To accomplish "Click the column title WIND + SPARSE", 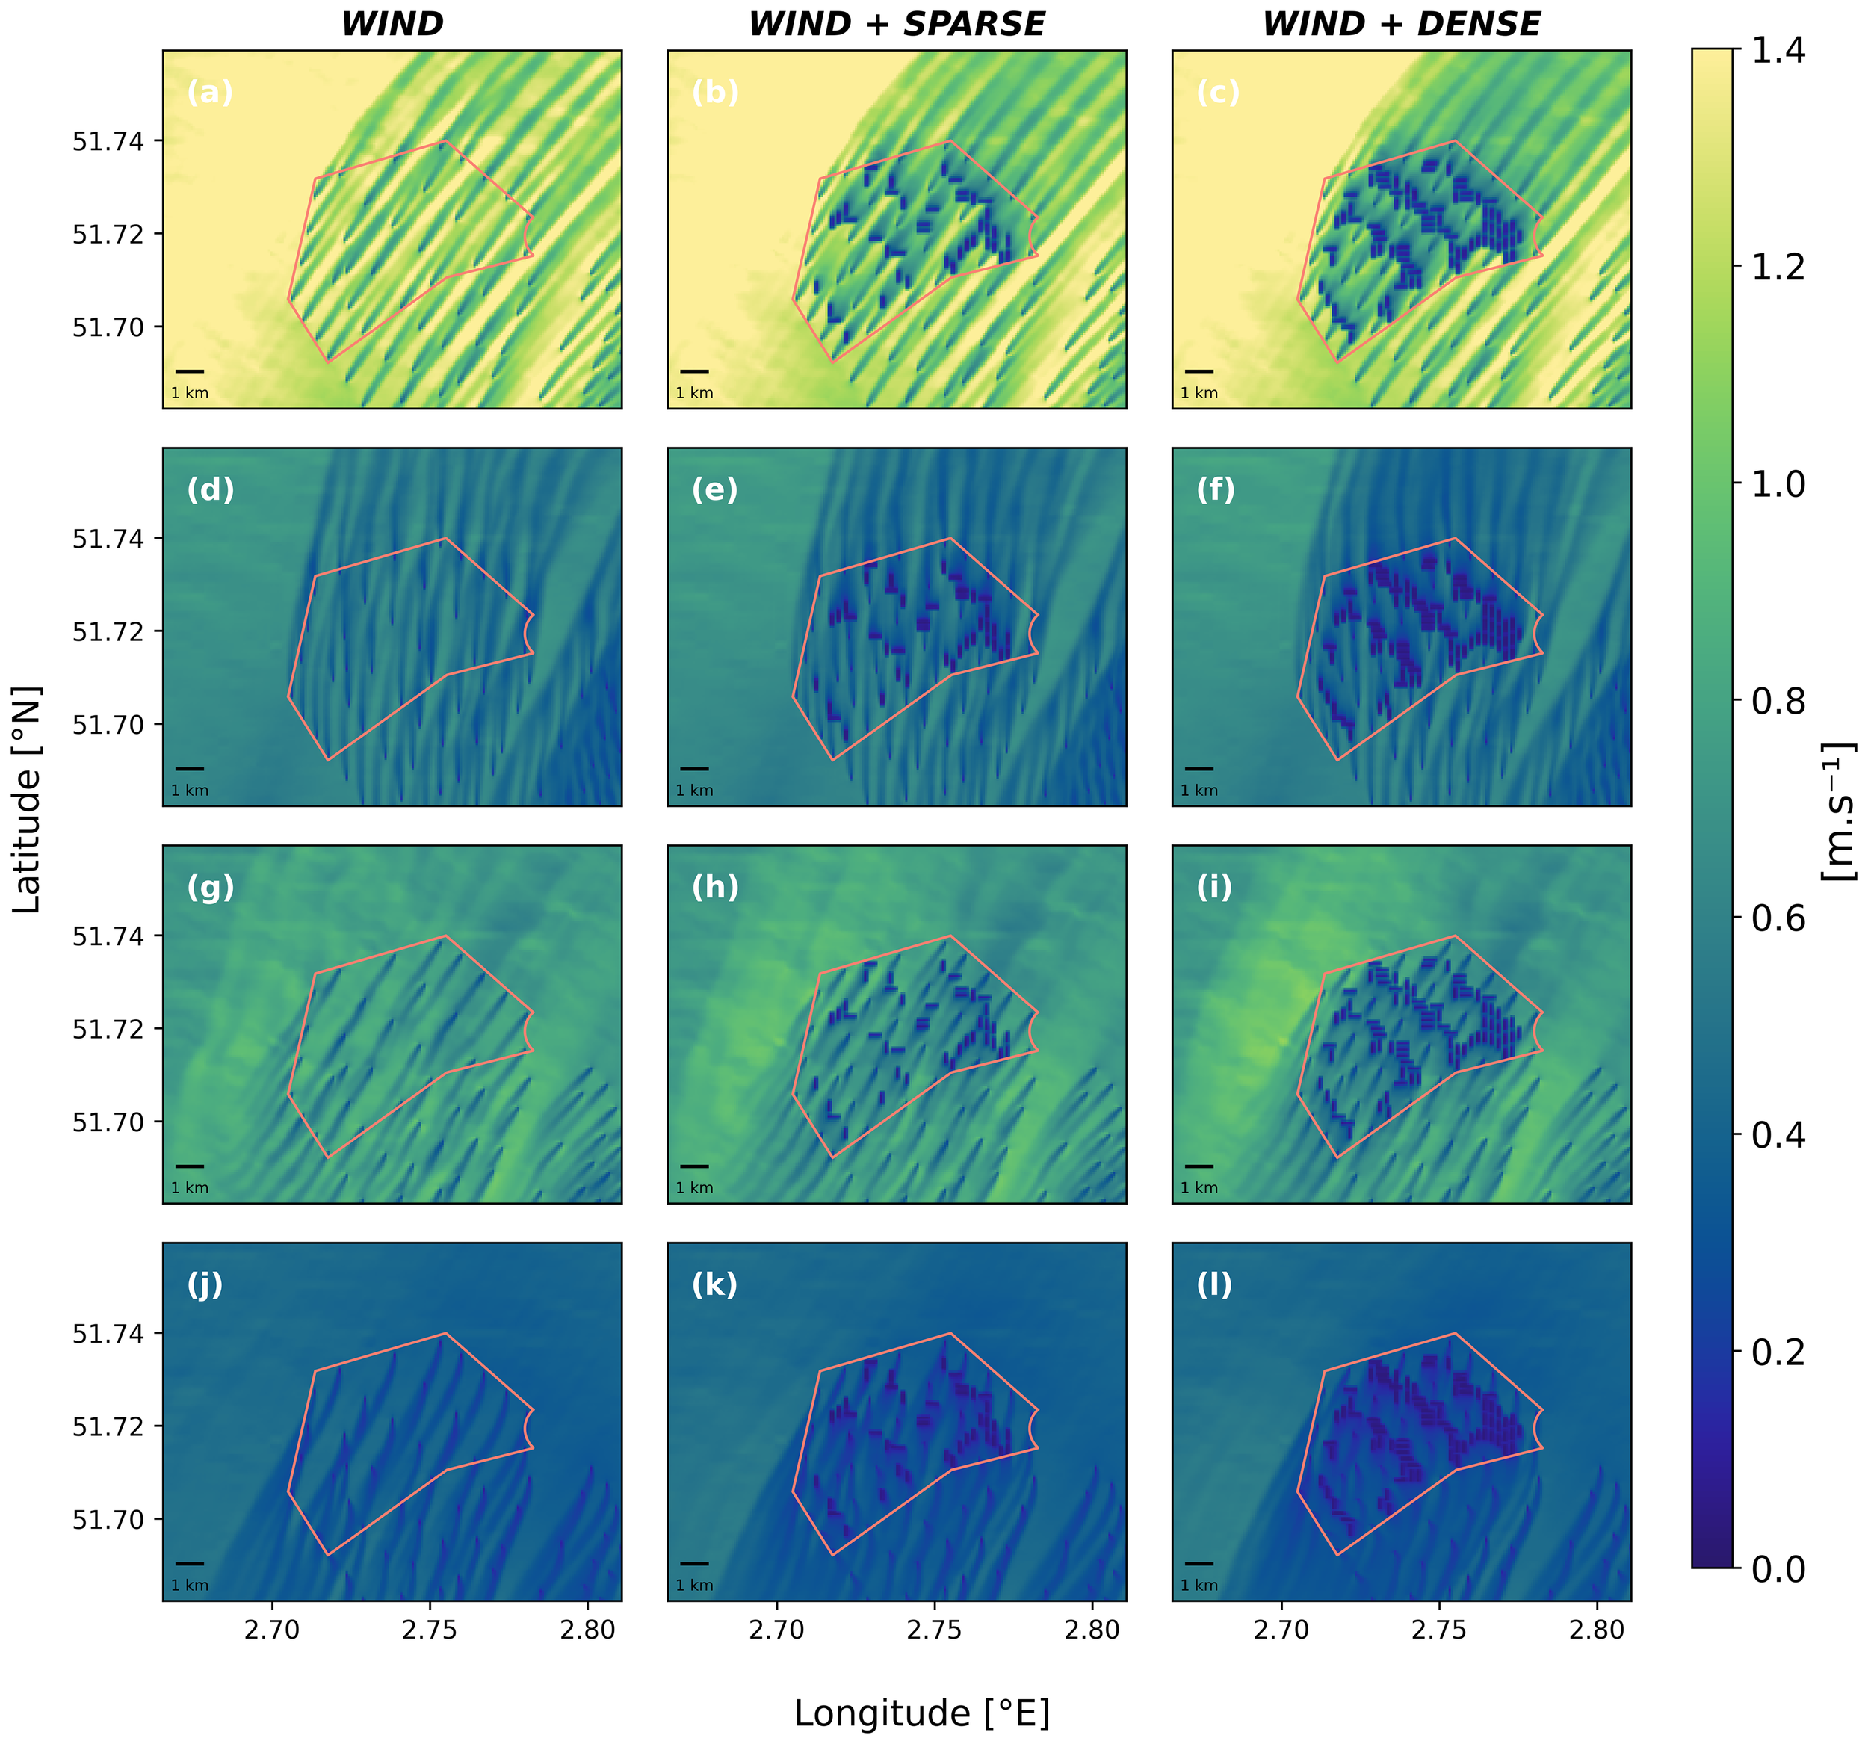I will [897, 25].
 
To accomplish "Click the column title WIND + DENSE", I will [1401, 25].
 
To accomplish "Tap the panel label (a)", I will [209, 92].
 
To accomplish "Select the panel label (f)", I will [1216, 489].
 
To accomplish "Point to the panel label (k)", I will [714, 1284].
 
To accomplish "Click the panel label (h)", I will [715, 887].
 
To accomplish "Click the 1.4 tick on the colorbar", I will [1778, 51].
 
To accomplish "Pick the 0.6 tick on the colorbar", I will [1778, 918].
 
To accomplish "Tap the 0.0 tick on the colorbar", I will [1778, 1569].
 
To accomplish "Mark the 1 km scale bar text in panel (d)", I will [190, 791].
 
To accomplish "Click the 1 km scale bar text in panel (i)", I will [1199, 1188].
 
